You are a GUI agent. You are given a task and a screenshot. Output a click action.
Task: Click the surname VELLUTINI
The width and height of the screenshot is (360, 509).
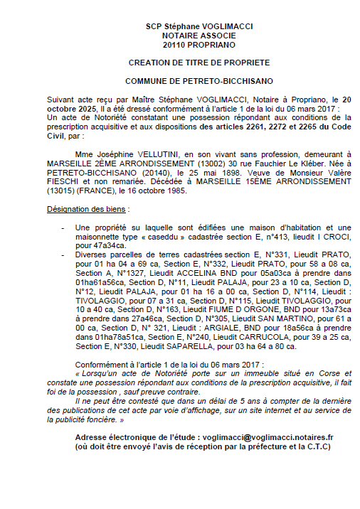(160, 152)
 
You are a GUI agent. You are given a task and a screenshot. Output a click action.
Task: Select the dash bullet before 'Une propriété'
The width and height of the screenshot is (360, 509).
(65, 226)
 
